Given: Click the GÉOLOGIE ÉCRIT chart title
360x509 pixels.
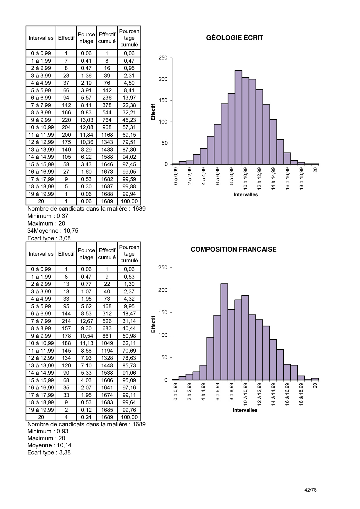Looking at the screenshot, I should point(235,38).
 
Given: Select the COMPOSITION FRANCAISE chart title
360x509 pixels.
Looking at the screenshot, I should point(233,249).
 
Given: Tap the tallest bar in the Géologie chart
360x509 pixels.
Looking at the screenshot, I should point(238,117).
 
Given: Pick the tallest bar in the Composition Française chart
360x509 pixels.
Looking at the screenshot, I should point(224,332).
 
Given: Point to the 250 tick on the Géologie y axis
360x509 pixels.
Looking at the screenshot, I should point(163,58).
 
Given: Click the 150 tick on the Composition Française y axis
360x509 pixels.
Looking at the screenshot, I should point(163,313).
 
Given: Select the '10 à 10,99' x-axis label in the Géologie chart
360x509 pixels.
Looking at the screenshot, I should point(246,178).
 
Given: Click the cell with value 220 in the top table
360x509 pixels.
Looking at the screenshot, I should point(66,120).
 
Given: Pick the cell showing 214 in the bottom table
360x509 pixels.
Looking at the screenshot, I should point(66,321).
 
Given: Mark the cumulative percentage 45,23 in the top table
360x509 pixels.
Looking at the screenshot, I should point(129,120).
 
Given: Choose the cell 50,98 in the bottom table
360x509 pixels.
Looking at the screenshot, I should point(129,336).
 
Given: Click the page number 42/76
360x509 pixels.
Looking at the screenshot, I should point(310,490).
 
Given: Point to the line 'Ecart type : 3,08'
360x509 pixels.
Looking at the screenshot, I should point(49,238).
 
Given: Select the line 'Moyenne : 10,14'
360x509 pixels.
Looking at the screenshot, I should point(49,445).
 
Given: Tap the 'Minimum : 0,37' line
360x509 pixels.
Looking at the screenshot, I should point(48,216).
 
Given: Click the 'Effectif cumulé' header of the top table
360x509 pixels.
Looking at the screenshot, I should point(107,38).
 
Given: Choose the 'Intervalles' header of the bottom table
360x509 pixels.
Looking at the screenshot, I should point(41,254).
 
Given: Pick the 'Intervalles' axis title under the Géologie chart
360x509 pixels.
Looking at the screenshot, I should point(246,194).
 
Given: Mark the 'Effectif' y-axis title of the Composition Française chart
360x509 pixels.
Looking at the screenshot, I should point(153,324).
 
